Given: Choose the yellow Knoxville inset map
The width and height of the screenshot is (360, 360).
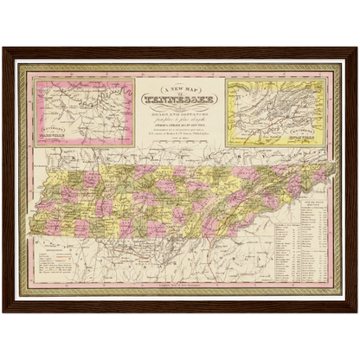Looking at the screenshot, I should [275, 112].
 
